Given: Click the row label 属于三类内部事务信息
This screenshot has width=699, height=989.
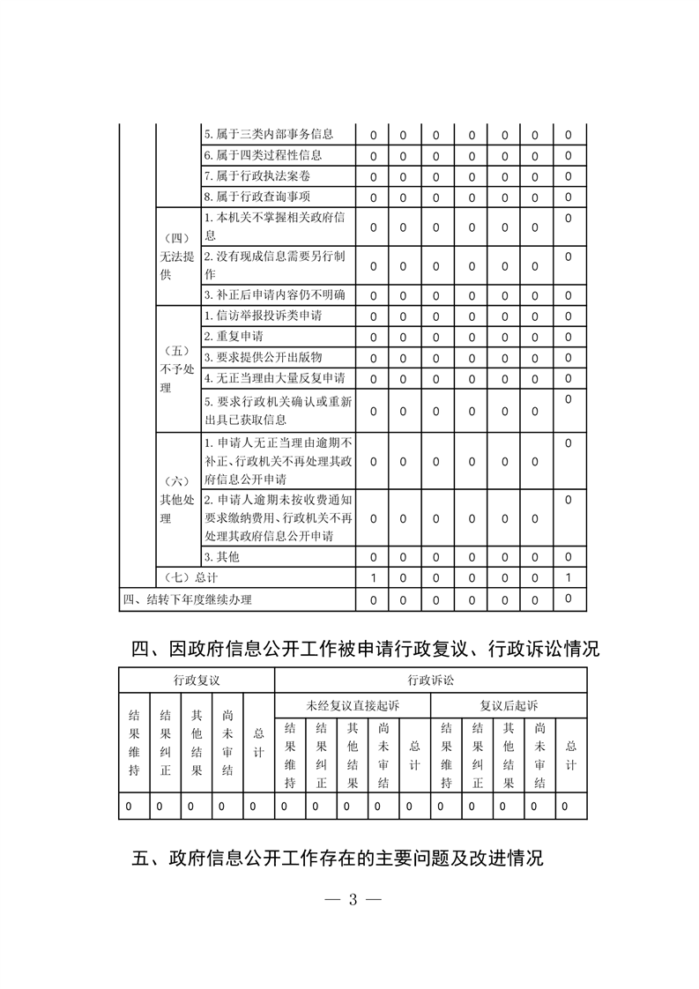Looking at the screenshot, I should [x=268, y=135].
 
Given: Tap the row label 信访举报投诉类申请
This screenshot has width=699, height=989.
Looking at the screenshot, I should [x=262, y=316].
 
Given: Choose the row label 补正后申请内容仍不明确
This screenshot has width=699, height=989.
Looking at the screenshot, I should [x=274, y=294].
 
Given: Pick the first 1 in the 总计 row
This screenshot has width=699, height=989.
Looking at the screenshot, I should [x=373, y=578].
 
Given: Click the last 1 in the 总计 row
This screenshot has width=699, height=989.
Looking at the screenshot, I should [x=569, y=577].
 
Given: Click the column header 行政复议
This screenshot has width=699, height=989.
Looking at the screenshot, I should [x=196, y=680].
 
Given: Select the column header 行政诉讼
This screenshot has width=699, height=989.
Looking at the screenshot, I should [x=430, y=680].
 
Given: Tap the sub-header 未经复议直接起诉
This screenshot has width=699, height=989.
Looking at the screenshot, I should [x=353, y=705].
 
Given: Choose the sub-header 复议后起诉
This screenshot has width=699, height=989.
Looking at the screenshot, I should [x=509, y=705].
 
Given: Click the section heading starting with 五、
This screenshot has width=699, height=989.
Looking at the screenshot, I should [x=338, y=857].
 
